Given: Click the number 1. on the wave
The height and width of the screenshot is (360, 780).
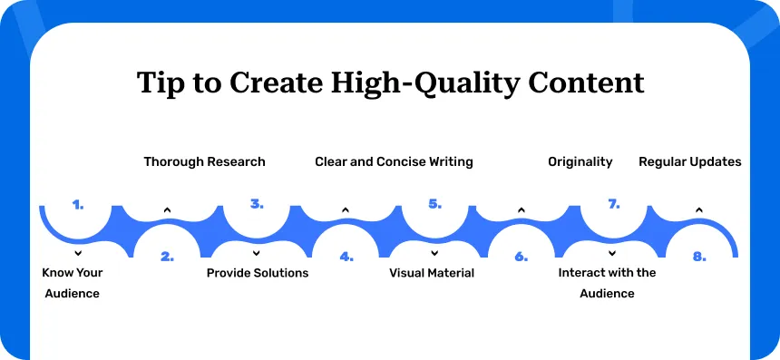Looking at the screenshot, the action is coord(78,204).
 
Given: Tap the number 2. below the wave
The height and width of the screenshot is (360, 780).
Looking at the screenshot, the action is coord(167,257).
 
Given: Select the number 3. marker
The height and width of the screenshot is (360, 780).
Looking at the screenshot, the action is coord(257,204).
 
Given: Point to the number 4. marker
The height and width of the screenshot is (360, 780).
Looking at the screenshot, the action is coord(346,257).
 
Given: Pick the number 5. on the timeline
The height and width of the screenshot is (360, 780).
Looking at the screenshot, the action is coord(434,204).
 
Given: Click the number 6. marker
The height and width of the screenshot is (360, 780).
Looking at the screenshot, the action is coord(521,257).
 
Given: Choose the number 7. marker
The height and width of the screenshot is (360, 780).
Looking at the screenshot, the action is coord(613,204).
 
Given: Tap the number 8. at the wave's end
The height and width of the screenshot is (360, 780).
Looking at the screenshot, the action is coord(699,257).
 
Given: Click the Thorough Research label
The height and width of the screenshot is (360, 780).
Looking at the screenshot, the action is coord(204,162).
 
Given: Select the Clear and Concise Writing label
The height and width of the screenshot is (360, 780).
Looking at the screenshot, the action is coord(394,162).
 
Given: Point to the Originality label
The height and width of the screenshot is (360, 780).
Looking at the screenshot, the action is coord(580,162).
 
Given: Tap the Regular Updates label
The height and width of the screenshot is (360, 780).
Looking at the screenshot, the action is coord(690,162).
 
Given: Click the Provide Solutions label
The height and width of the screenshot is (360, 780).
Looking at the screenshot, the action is coord(258,273).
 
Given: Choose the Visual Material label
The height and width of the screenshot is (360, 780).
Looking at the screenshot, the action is coord(432,273).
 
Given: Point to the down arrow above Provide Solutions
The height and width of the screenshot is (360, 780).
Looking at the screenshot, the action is coord(256,254).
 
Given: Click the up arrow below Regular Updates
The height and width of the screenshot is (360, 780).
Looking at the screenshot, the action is coord(699,210).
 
